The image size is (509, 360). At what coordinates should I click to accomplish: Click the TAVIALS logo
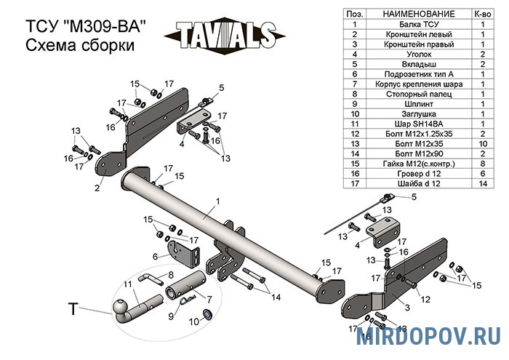(x=225, y=33)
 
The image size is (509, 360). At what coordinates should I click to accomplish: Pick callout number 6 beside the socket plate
(x=155, y=256)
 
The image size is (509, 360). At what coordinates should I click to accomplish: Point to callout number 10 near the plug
(x=194, y=321)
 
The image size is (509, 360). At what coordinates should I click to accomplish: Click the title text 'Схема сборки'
(x=80, y=46)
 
